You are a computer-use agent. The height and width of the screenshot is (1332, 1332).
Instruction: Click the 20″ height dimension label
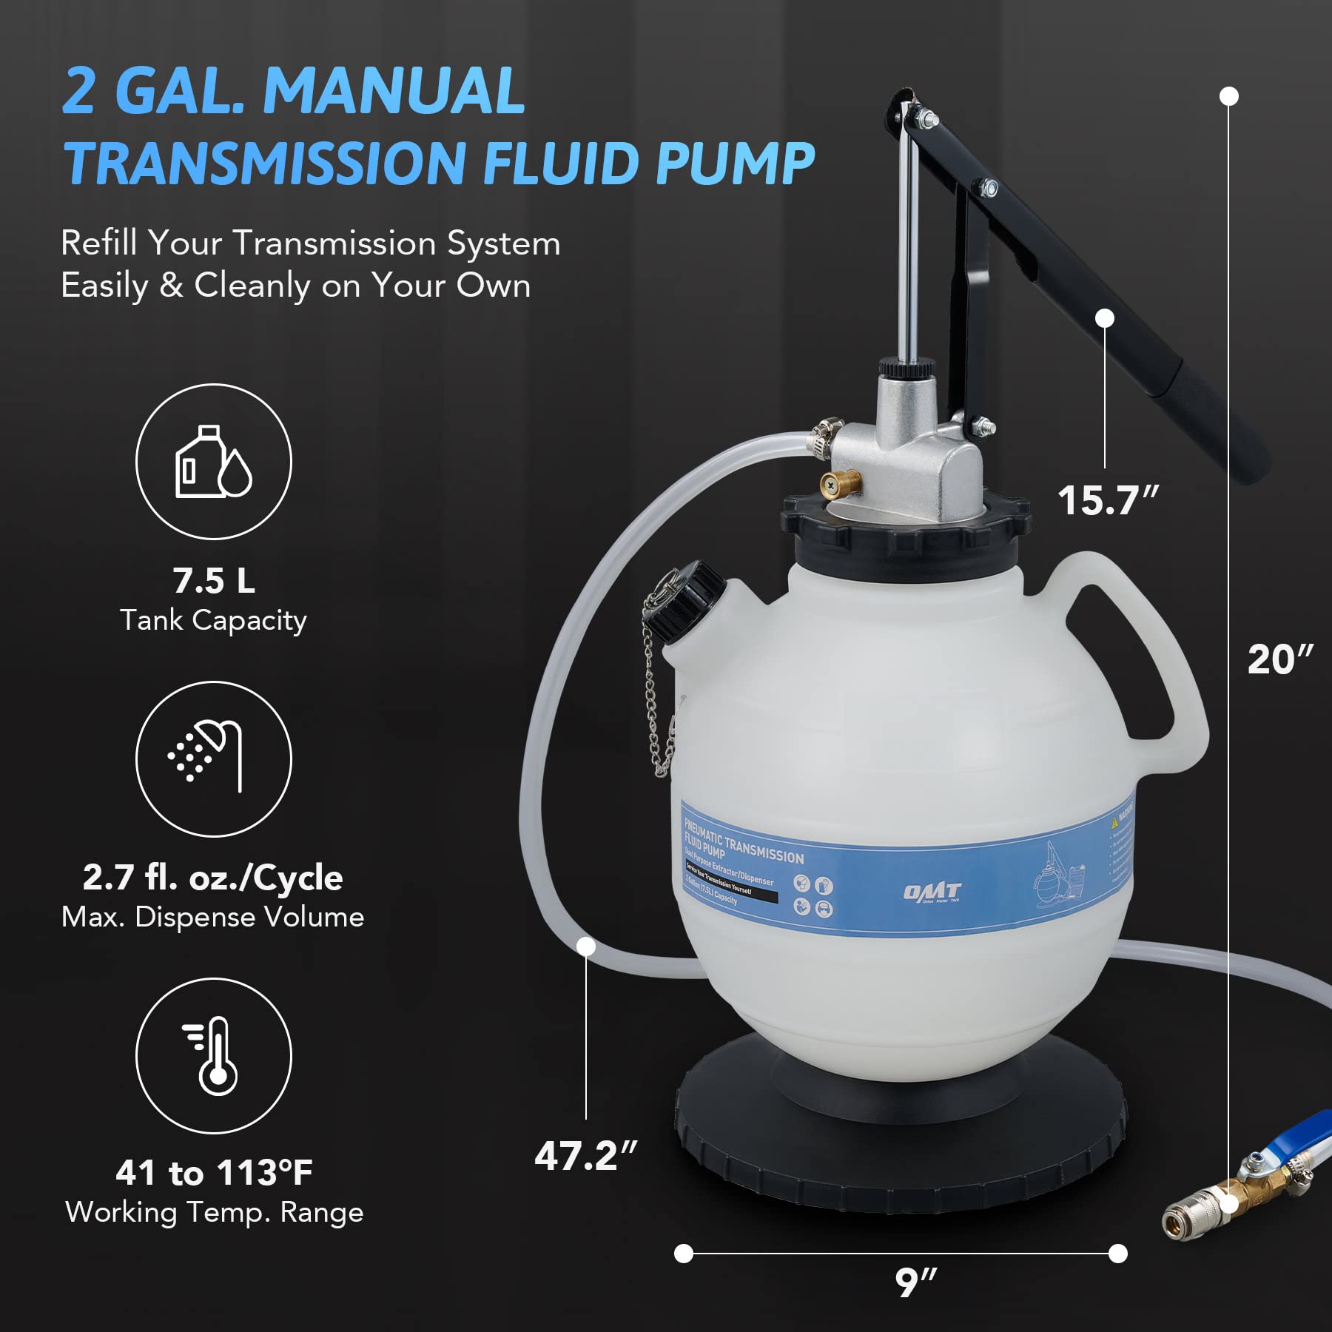tap(1279, 659)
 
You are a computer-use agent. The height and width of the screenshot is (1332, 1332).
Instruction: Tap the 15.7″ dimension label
tap(1107, 500)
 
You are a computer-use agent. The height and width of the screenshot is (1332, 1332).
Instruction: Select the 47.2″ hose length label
tap(585, 1155)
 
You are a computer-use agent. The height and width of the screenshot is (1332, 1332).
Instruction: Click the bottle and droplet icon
tap(213, 462)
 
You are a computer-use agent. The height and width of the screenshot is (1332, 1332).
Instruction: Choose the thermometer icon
tap(213, 1055)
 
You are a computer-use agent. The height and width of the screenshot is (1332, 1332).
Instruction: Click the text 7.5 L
tap(213, 580)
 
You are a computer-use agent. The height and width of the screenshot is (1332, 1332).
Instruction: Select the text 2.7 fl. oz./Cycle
tap(213, 878)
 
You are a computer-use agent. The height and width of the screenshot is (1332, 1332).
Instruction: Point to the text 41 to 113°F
tap(213, 1173)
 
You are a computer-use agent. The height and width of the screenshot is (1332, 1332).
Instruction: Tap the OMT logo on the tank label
tap(932, 892)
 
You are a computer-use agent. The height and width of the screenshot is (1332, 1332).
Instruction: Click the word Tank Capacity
tap(213, 620)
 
